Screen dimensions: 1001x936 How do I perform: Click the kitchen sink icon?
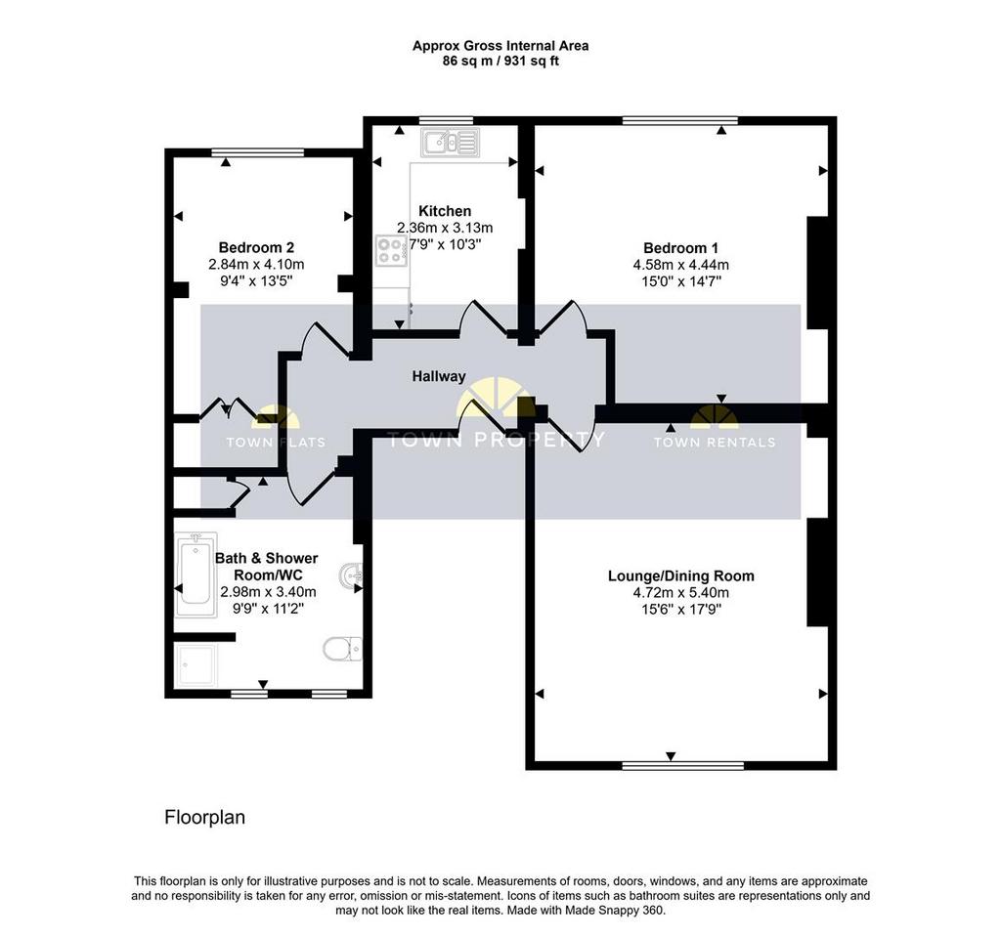(450, 143)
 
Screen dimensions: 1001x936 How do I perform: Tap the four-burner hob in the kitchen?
(391, 250)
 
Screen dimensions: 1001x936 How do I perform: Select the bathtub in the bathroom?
(196, 574)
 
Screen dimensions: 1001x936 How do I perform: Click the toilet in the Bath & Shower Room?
(343, 649)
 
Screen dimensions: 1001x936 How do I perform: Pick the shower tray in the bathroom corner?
(196, 664)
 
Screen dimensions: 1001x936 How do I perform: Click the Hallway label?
(439, 376)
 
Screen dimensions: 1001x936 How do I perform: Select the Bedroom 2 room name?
(256, 247)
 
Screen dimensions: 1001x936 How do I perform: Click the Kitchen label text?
(445, 211)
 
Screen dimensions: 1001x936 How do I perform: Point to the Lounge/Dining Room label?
(681, 576)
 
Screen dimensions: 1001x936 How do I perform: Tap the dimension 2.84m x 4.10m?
(256, 264)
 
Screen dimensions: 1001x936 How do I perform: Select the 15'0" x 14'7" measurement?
(681, 281)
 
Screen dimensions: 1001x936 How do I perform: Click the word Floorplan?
(205, 818)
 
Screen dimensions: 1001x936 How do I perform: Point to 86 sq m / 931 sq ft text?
(500, 62)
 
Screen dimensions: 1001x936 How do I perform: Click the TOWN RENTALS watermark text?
(715, 443)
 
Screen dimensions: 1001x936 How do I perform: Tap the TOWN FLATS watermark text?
(276, 443)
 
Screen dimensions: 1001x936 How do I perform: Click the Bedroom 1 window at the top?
(680, 120)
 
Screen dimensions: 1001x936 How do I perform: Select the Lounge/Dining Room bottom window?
(683, 765)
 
